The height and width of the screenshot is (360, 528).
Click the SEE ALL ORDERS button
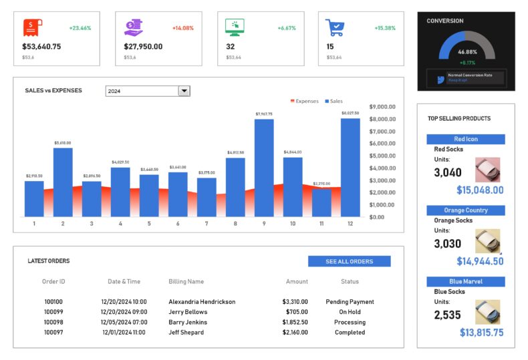click(349, 261)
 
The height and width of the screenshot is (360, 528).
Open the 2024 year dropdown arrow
click(184, 91)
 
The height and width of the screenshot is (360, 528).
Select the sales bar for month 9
click(264, 168)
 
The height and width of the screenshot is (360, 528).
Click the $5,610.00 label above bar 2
click(63, 143)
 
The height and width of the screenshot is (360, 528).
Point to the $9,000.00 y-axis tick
click(382, 107)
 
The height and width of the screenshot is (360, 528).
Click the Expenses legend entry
click(304, 102)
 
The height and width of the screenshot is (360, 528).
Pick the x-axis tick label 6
click(178, 224)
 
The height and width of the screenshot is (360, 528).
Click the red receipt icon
click(32, 27)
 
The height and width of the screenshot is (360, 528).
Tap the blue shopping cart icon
click(335, 27)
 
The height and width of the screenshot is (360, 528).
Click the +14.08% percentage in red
click(182, 28)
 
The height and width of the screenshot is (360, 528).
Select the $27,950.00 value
click(143, 47)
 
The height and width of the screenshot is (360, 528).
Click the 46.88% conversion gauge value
click(467, 51)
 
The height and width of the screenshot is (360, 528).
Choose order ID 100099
click(53, 312)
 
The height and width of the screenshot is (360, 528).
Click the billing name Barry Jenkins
click(188, 322)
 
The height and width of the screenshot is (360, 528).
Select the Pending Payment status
click(350, 302)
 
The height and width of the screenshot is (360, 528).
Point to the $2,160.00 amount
click(295, 332)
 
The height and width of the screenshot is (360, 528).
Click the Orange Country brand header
click(466, 210)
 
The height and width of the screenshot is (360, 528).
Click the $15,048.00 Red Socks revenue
click(480, 190)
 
